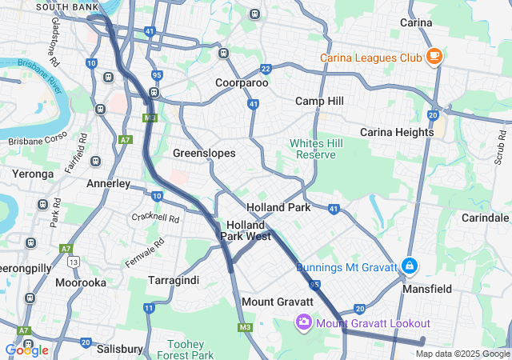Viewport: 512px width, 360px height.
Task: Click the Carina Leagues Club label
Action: coord(370,58)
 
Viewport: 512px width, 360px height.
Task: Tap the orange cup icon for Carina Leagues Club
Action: coord(434,56)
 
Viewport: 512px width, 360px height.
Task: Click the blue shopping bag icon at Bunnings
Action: coord(409,265)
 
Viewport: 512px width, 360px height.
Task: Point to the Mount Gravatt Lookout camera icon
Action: coord(303,322)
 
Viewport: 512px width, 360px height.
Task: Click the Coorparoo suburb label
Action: coord(241,82)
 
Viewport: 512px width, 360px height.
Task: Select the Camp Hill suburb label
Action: coord(319,101)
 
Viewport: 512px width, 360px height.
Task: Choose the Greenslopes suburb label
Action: coord(204,152)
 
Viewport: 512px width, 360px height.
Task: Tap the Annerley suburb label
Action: coord(108,183)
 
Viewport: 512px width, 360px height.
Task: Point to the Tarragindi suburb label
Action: coord(173,280)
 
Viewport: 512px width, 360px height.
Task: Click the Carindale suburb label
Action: coord(485,218)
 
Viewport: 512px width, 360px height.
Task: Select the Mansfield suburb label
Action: coord(427,289)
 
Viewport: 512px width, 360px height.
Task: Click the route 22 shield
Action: coord(266,69)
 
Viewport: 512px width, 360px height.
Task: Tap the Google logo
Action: coord(26,350)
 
